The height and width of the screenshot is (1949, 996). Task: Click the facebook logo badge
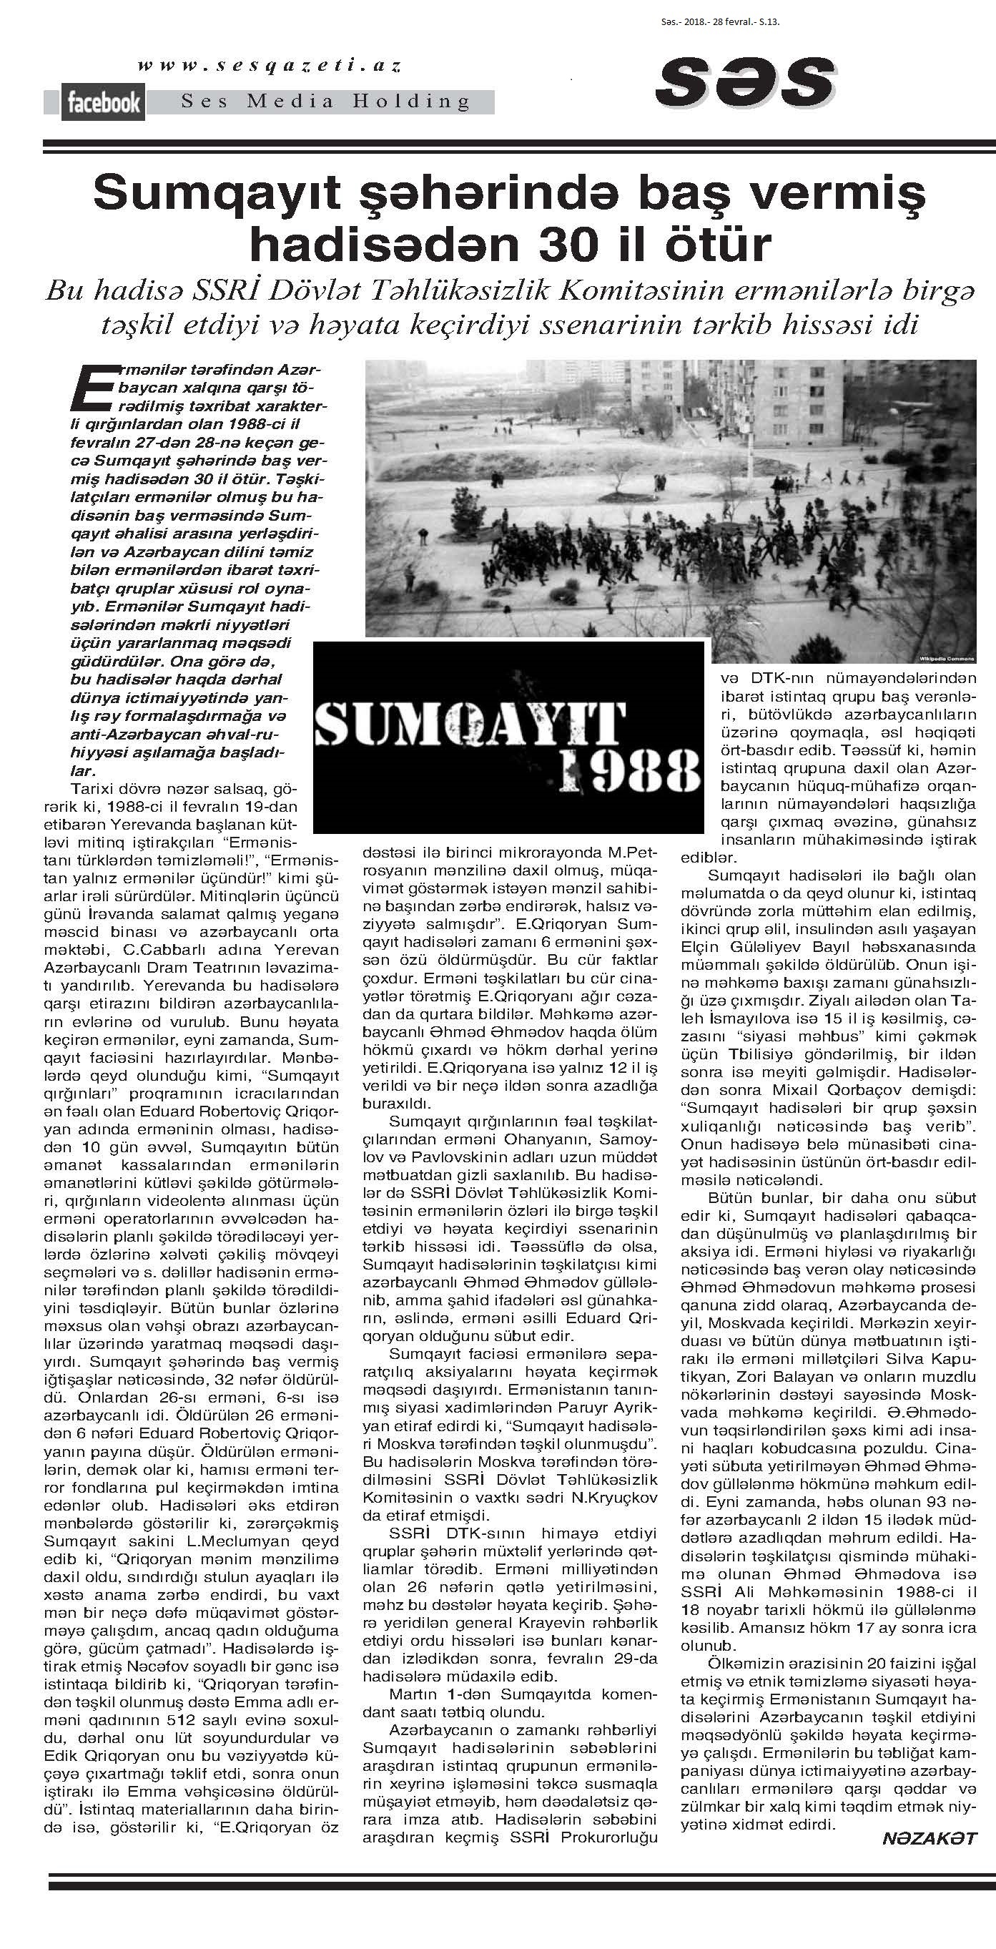103,102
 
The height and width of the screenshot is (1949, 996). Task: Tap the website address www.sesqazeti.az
270,67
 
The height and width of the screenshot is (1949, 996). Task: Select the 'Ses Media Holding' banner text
325,101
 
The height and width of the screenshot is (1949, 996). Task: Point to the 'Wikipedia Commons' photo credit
947,657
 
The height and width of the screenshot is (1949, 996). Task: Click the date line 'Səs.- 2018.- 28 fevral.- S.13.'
720,22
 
